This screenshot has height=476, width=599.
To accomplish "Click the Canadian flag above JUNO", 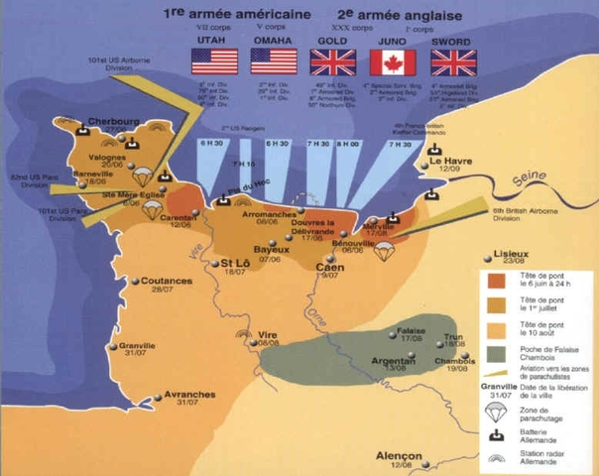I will [392, 62].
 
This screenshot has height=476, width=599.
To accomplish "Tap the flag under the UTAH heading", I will [214, 62].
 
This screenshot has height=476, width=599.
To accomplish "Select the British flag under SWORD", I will [452, 62].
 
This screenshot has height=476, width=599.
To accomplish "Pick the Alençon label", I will [400, 456].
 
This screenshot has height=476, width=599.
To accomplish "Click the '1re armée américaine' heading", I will [235, 15].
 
